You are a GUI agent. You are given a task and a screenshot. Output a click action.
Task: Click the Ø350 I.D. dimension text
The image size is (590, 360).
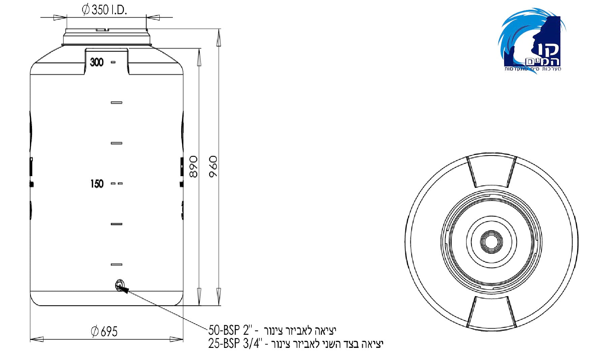pyautogui.click(x=104, y=10)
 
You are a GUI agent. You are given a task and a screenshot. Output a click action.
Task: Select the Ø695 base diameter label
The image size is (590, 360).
pyautogui.click(x=104, y=331)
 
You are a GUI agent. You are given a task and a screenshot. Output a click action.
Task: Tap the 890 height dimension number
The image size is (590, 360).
pyautogui.click(x=193, y=166)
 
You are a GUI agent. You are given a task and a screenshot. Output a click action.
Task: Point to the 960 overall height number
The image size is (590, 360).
pyautogui.click(x=213, y=166)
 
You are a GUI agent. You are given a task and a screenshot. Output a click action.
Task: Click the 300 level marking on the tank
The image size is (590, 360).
pyautogui.click(x=97, y=62)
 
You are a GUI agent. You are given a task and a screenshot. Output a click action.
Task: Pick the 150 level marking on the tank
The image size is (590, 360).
pyautogui.click(x=97, y=184)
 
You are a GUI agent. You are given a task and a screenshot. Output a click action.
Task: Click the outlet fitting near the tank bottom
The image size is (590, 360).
pyautogui.click(x=120, y=285)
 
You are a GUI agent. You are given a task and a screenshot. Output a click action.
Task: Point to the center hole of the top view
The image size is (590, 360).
pyautogui.click(x=491, y=241)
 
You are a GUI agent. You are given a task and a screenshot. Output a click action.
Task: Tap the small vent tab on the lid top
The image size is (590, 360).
pyautogui.click(x=102, y=30)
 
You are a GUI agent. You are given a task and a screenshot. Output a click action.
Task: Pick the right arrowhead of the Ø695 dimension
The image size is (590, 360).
pyautogui.click(x=177, y=339)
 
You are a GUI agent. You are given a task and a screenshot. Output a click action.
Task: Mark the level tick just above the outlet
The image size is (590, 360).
pyautogui.click(x=117, y=265)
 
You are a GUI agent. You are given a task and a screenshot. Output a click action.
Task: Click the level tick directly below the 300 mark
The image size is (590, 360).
pyautogui.click(x=117, y=103)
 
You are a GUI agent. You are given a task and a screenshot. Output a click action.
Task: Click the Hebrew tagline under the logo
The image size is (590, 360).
pyautogui.click(x=532, y=69)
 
